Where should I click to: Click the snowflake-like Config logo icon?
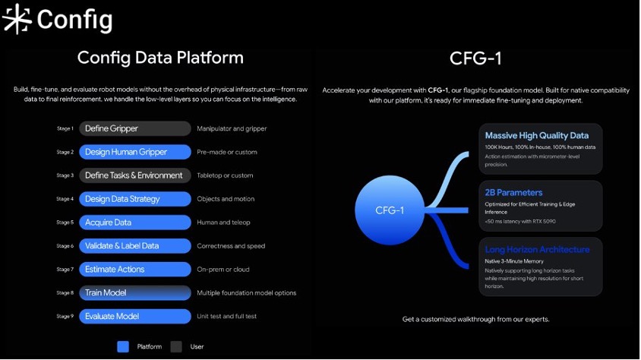coord(17,19)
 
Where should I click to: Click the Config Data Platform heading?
coord(160,58)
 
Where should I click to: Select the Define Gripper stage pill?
coord(135,128)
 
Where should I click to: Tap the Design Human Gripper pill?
coord(135,152)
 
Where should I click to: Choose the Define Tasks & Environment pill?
coord(135,175)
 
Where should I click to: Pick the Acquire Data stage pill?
coord(135,223)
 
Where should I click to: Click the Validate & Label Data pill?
coord(135,246)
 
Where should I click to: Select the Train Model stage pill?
coord(135,292)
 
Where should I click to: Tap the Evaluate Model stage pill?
coord(135,316)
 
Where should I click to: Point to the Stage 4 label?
coord(65,199)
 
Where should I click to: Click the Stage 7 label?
coord(65,270)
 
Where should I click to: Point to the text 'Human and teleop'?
coord(223,223)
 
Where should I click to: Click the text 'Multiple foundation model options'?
coord(247,292)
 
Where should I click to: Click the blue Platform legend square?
coord(123,346)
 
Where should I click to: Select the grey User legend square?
coord(176,346)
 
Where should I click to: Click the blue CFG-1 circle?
coord(390,210)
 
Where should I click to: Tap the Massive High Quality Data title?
coord(537,135)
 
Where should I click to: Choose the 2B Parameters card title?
coord(513,192)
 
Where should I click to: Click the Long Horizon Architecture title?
coord(537,249)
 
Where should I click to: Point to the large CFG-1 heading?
coord(475,58)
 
